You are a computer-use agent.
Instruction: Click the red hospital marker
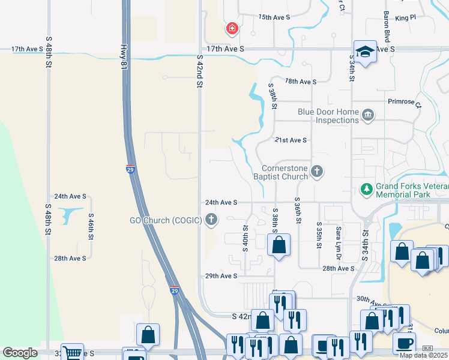click(x=232, y=28)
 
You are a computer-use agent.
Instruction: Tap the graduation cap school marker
click(x=364, y=52)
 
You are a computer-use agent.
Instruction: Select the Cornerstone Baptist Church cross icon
click(x=317, y=173)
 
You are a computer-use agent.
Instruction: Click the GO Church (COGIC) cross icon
click(x=211, y=220)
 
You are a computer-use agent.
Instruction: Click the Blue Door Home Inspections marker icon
click(x=368, y=114)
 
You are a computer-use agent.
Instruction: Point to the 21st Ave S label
click(x=291, y=140)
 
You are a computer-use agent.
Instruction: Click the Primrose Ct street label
click(x=405, y=102)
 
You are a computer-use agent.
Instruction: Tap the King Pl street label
click(x=406, y=18)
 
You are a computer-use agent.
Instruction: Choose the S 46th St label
click(x=91, y=227)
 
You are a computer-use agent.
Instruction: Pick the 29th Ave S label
click(x=221, y=276)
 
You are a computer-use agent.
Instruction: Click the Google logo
click(x=20, y=353)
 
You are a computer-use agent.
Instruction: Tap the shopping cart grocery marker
click(x=72, y=353)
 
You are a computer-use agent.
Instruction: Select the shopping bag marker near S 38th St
click(x=279, y=245)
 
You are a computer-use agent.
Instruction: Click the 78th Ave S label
click(x=300, y=81)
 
